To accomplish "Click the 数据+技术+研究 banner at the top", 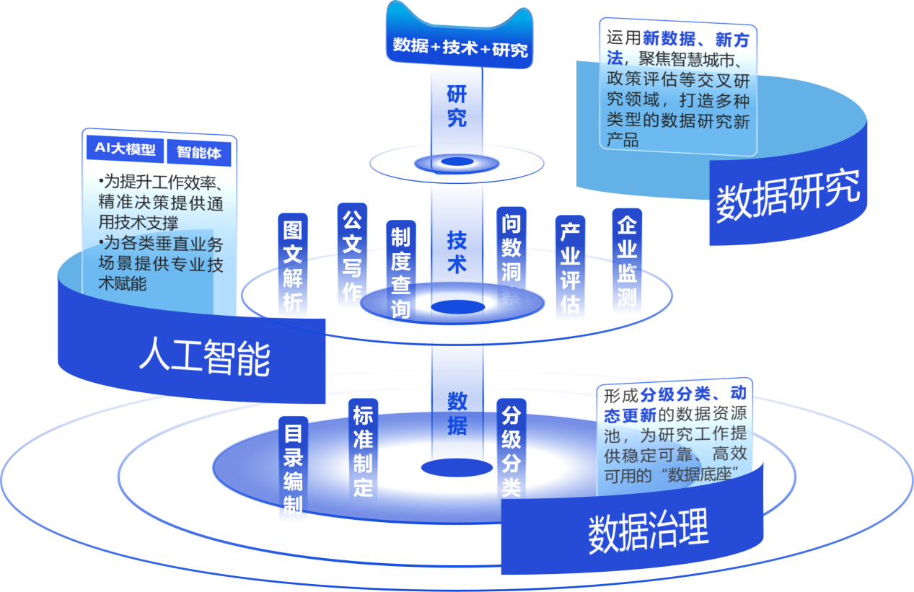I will (x=460, y=48).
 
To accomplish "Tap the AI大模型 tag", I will (x=125, y=150).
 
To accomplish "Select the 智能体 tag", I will (x=199, y=152).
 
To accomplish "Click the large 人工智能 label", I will (x=205, y=358).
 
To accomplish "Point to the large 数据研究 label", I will (x=788, y=194).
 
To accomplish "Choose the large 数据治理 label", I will (x=649, y=532).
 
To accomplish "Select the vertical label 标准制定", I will (x=362, y=450).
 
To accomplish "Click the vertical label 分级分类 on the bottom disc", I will (x=511, y=451).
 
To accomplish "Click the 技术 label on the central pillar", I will (x=457, y=252).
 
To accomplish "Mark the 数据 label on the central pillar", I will (x=457, y=413).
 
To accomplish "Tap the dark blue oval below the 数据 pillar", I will (x=457, y=467).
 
